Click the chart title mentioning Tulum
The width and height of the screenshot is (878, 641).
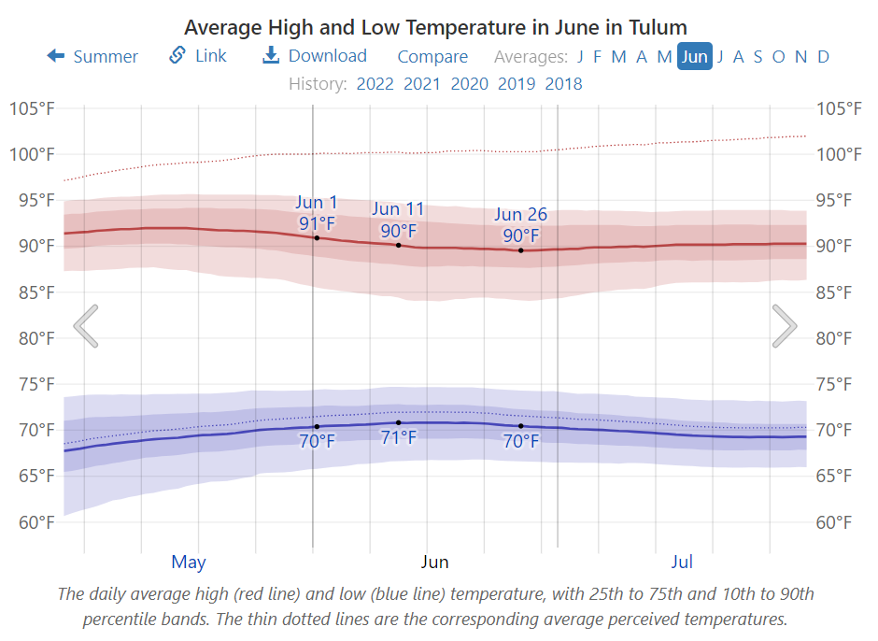[435, 27]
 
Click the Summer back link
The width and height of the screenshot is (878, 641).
[92, 56]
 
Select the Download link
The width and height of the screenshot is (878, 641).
[315, 56]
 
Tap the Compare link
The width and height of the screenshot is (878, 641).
[432, 56]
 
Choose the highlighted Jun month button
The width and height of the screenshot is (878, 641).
[694, 56]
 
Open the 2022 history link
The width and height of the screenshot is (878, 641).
[375, 84]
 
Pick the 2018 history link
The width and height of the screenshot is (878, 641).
[563, 84]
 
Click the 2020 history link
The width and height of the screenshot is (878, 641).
[469, 84]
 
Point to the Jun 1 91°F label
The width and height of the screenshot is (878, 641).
[317, 213]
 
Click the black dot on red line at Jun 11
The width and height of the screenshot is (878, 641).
[399, 245]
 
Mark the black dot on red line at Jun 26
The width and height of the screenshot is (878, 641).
[521, 250]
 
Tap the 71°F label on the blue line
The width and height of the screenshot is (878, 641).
[399, 437]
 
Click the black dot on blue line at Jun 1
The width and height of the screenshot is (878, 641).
[317, 426]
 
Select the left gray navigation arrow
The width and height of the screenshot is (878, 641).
[86, 326]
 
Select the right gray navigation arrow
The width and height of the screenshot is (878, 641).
[784, 326]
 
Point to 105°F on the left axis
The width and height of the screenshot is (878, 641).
[32, 108]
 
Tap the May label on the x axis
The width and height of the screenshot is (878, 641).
[189, 563]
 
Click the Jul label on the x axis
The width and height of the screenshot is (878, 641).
[682, 563]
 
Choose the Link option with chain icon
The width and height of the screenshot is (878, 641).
[198, 56]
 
